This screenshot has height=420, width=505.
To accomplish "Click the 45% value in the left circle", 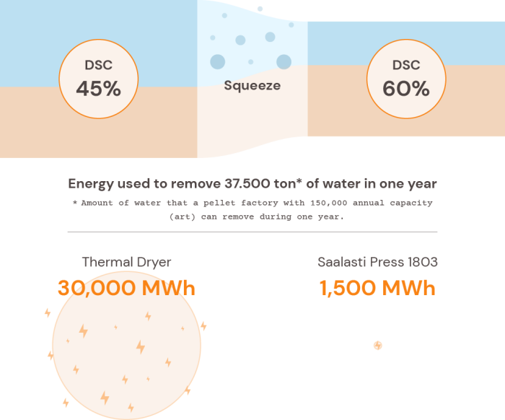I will pos(98,89).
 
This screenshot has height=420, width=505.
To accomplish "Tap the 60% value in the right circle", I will pos(406,89).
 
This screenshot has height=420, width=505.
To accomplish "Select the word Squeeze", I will pos(252,86).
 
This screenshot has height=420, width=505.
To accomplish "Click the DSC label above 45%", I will pos(98,65).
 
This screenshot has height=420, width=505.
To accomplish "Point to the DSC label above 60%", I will pos(406,65).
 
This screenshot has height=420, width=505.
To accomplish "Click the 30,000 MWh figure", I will pos(126,289).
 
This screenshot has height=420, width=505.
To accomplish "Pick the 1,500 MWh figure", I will pos(377,289).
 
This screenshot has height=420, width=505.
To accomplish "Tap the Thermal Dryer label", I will pos(126,262).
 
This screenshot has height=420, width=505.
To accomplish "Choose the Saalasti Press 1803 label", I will pos(377,262).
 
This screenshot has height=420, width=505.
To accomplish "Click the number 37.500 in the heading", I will pos(264,184).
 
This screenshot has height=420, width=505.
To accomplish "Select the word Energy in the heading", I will pos(92,184).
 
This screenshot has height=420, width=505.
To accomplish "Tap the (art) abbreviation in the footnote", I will pos(182,216).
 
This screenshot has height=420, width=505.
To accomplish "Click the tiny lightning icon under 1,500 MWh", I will pos(377,346).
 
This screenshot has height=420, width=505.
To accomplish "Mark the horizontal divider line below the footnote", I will pos(252,232).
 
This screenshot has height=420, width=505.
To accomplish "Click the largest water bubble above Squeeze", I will pos(284,61).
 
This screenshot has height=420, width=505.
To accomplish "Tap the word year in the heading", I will pos(420,184).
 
